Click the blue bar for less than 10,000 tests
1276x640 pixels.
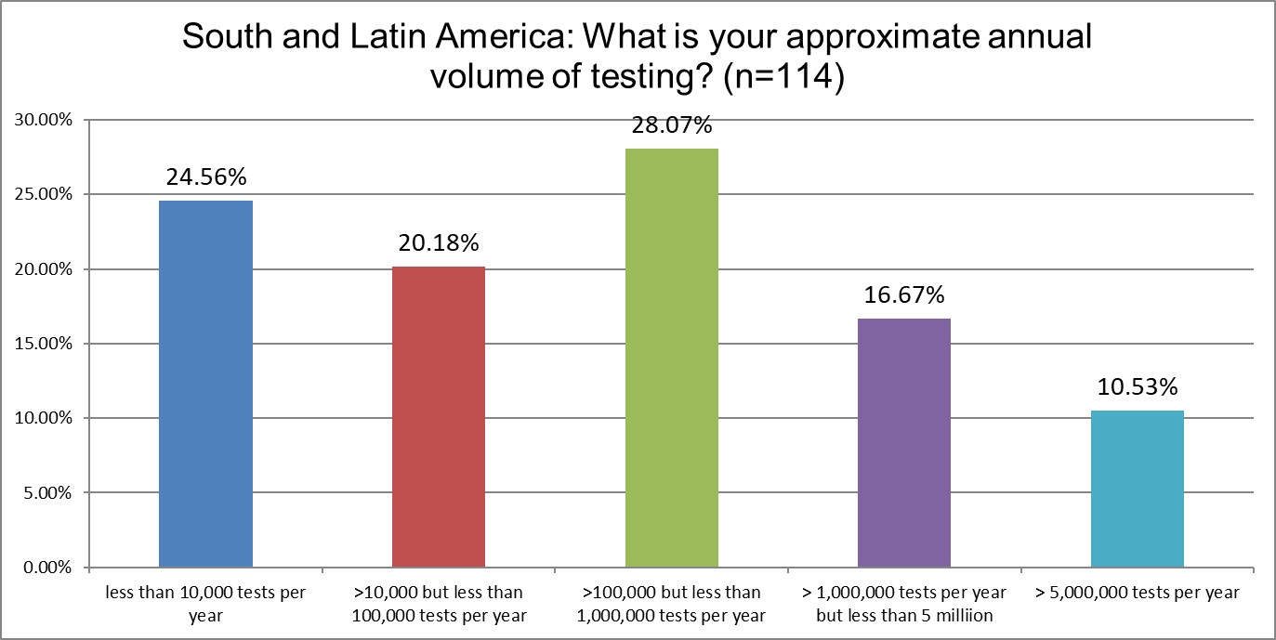click(205, 384)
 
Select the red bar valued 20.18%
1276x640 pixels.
click(438, 416)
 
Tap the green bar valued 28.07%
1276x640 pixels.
click(671, 358)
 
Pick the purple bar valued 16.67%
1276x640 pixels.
click(903, 442)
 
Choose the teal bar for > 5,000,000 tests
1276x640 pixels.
click(1137, 489)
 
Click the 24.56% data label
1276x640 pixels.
click(205, 177)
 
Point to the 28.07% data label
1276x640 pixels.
click(671, 125)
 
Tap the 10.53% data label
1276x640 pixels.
click(1137, 387)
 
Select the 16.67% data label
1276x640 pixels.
click(903, 296)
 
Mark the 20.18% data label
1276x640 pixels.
click(438, 244)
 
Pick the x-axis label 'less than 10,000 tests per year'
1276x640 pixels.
click(205, 603)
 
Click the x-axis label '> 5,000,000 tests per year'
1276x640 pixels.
click(1137, 593)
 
